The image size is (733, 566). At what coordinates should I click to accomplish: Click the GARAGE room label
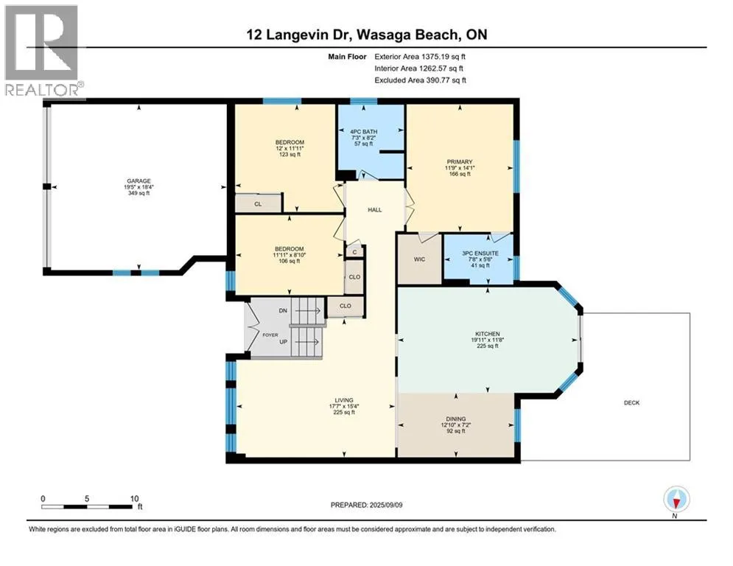tap(138, 181)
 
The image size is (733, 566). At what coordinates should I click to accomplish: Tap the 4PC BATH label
tap(364, 132)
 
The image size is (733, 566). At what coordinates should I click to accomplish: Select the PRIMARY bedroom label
tap(460, 162)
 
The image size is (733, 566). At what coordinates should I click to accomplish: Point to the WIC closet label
tap(419, 259)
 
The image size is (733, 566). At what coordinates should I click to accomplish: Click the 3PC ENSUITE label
tap(480, 253)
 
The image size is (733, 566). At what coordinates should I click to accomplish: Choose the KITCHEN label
tap(488, 334)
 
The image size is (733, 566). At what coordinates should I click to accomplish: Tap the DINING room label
tap(456, 419)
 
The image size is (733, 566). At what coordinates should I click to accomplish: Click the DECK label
tap(631, 402)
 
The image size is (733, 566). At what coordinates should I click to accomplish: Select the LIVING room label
tap(344, 400)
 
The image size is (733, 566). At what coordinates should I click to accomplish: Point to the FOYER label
tap(270, 335)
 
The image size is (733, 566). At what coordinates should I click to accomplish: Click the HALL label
tap(374, 210)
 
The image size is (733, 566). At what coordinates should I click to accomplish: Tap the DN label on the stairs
tap(283, 310)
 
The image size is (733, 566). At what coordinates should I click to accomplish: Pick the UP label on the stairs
tap(284, 342)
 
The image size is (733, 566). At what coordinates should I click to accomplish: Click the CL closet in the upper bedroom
tap(258, 204)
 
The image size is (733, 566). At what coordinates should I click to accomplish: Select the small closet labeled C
tap(355, 252)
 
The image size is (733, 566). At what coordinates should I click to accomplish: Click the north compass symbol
tap(676, 499)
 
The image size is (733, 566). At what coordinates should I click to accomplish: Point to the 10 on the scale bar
tap(135, 499)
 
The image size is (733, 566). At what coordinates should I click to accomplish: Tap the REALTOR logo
tap(42, 51)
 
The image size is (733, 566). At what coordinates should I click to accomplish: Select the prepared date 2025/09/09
tap(386, 505)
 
